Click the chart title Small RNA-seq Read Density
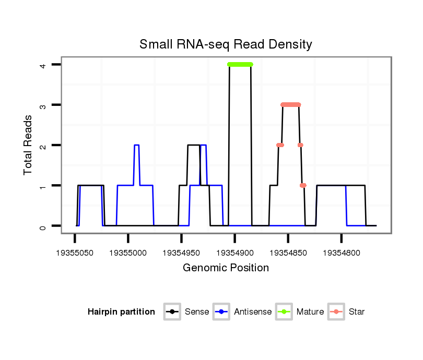(226, 44)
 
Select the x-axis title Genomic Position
(226, 268)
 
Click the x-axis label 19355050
(75, 253)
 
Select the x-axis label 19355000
(128, 253)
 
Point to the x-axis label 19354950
(181, 253)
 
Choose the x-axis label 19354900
(234, 253)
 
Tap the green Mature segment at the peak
(240, 64)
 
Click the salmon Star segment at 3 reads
(291, 104)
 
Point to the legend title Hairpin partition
(121, 312)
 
